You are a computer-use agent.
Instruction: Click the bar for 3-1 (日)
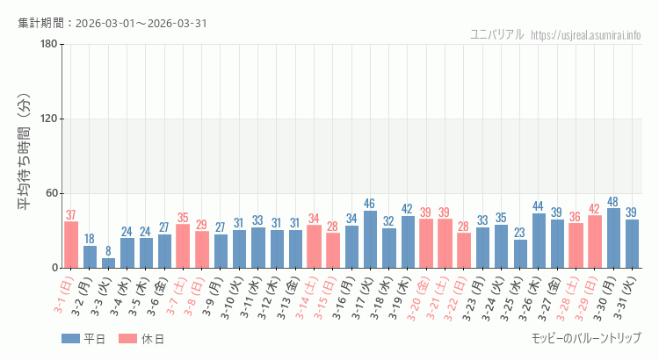point(71,245)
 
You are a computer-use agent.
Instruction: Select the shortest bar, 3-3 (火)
point(108,263)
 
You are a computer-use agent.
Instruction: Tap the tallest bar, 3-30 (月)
point(614,238)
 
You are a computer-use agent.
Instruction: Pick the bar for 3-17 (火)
point(370,240)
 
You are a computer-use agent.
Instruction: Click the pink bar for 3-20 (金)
point(426,243)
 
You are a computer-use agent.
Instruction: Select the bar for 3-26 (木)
point(539,241)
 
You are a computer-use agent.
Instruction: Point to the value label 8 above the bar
point(108,251)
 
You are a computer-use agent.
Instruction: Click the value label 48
point(614,201)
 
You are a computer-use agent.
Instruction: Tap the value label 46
point(370,204)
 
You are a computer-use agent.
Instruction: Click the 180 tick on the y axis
point(48,45)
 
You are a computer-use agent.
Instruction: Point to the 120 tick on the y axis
point(48,119)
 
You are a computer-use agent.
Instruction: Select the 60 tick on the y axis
point(51,193)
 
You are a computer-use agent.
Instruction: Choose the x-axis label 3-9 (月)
point(214,299)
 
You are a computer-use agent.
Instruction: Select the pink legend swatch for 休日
point(128,339)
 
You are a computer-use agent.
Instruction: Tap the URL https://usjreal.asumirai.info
point(586,35)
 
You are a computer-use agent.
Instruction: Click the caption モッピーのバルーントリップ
point(586,338)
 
